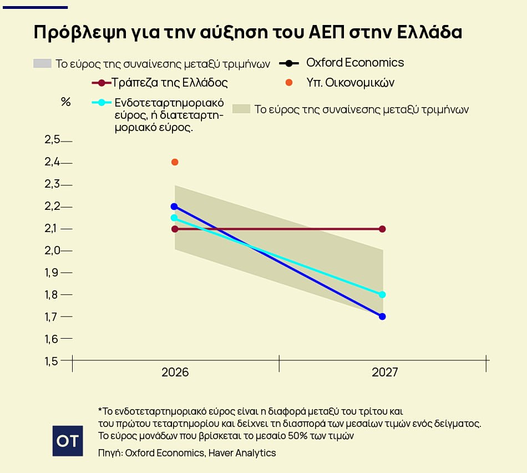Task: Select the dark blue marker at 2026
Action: pyautogui.click(x=174, y=207)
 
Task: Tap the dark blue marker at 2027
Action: pyautogui.click(x=382, y=316)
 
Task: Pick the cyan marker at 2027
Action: pyautogui.click(x=382, y=295)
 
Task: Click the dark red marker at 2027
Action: pyautogui.click(x=382, y=229)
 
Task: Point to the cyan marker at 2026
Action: pyautogui.click(x=174, y=218)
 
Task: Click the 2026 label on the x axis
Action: pyautogui.click(x=175, y=373)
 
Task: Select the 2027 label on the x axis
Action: pyautogui.click(x=384, y=373)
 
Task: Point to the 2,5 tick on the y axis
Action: pyautogui.click(x=52, y=140)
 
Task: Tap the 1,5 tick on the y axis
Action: pyautogui.click(x=52, y=361)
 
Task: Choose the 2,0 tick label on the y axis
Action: pyautogui.click(x=52, y=250)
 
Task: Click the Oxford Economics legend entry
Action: pyautogui.click(x=355, y=63)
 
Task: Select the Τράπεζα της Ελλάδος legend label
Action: pyautogui.click(x=170, y=83)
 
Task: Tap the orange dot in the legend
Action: pyautogui.click(x=288, y=83)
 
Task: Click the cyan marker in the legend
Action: pyautogui.click(x=102, y=103)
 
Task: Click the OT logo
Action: pyautogui.click(x=68, y=441)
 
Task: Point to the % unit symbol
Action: pyautogui.click(x=65, y=102)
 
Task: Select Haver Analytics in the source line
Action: pyautogui.click(x=242, y=453)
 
